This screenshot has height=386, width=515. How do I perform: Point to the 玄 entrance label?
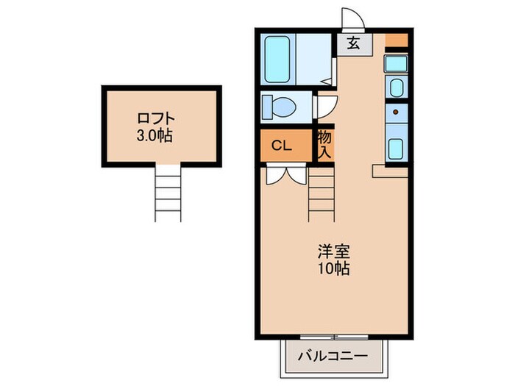pos(354,43)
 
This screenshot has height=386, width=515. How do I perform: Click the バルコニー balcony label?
pos(333,357)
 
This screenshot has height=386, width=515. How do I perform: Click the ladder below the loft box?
pos(167,193)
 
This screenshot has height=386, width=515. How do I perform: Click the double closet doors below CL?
pos(285,174)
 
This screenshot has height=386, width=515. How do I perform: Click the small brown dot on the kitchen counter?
pos(396,112)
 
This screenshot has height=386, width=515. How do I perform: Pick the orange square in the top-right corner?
pos(396,40)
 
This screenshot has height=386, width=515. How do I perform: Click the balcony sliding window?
pos(333,318)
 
